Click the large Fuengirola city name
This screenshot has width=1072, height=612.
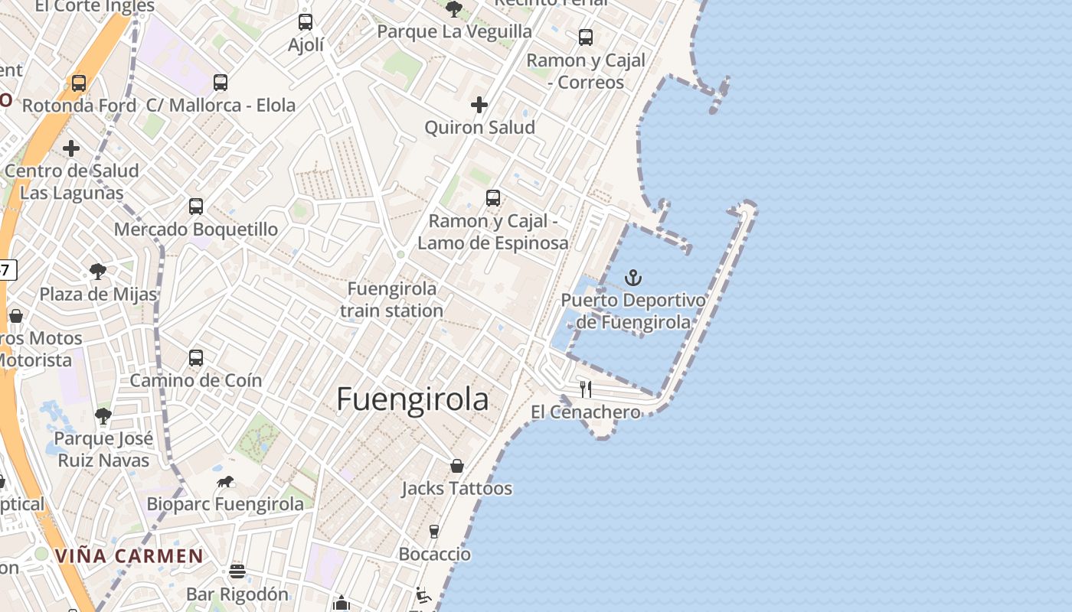[x=412, y=399]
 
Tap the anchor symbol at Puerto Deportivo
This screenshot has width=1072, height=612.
[x=633, y=278]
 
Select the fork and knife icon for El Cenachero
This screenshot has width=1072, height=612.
[x=586, y=389]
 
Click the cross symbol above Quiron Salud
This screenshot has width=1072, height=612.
[x=479, y=105]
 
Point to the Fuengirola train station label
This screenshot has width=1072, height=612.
[x=391, y=300]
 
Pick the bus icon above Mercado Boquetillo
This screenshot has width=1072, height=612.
[x=196, y=207]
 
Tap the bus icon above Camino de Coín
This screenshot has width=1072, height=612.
[x=196, y=358]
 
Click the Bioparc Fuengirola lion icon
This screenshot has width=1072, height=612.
[x=225, y=482]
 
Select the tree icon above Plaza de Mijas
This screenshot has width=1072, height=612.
[x=98, y=271]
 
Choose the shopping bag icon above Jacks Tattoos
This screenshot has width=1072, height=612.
[x=457, y=466]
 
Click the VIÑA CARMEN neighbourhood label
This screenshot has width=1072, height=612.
[x=129, y=556]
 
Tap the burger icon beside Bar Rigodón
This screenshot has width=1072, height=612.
[x=237, y=571]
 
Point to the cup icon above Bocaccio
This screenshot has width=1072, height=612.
[x=434, y=531]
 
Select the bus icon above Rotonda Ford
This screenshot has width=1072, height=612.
[x=79, y=83]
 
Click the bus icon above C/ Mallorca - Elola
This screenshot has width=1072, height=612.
[x=221, y=83]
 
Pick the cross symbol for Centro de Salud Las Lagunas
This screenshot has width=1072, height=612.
[x=71, y=148]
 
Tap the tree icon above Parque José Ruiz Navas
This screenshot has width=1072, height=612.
[x=103, y=417]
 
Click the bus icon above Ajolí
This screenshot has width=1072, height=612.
[x=306, y=22]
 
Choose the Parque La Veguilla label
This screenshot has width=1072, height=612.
[x=454, y=32]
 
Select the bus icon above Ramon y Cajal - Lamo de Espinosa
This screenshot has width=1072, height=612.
[x=493, y=198]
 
